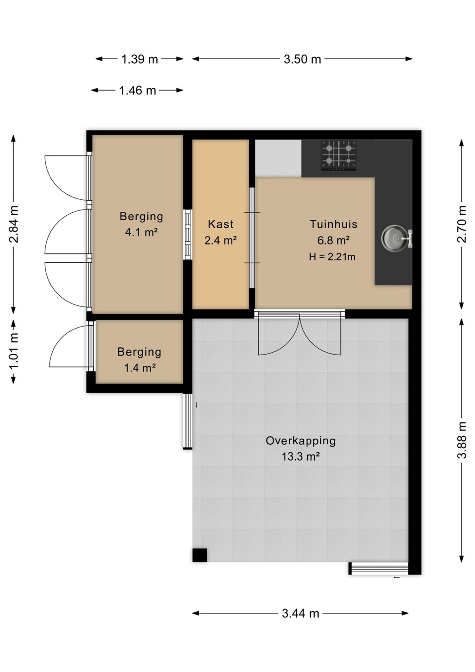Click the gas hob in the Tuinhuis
[339, 156]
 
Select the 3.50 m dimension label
[302, 59]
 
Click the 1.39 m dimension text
[140, 59]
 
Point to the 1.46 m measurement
[138, 91]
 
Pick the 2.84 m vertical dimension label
[14, 224]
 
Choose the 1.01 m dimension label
[14, 351]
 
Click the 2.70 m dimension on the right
[461, 224]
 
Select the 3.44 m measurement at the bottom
[300, 614]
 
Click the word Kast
[220, 224]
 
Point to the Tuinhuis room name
[334, 224]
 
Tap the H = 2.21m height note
[332, 257]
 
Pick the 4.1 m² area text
[141, 232]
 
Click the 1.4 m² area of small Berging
[140, 368]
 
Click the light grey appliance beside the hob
[278, 158]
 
